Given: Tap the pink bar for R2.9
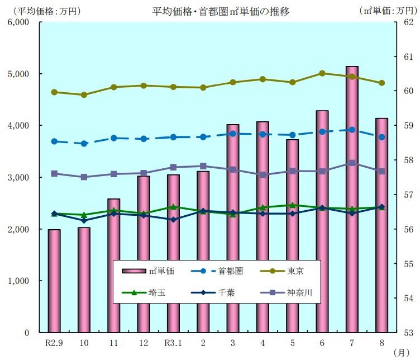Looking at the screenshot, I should tap(54, 280).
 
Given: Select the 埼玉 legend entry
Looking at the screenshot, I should tap(157, 292).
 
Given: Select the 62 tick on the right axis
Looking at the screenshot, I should tap(407, 22).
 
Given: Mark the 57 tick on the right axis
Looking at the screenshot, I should tap(407, 195).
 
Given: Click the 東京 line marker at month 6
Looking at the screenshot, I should tap(322, 73).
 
